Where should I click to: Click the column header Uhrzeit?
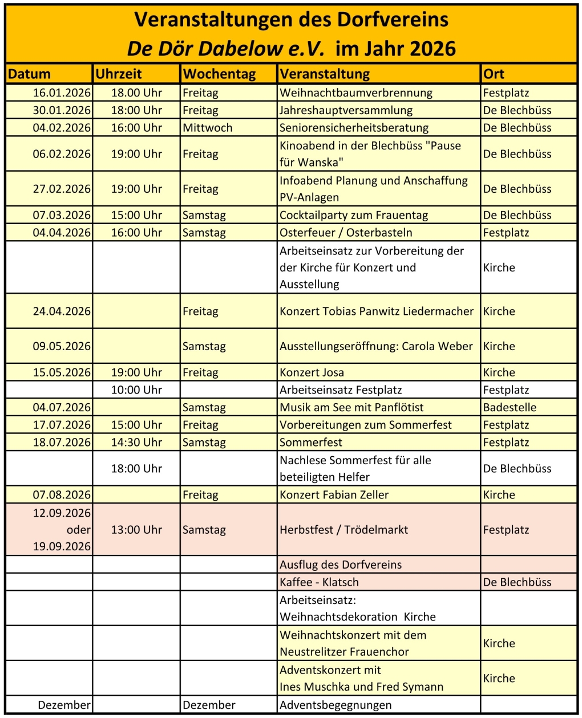pos(119,74)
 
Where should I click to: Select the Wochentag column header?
pos(219,74)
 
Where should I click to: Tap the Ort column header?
pos(494,74)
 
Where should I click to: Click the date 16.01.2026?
pos(62,93)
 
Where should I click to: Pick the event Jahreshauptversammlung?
pos(346,111)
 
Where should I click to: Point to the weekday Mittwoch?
pos(208,128)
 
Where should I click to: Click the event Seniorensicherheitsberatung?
pos(354,128)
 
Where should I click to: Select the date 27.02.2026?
pos(62,189)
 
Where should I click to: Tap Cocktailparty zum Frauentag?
pos(354,216)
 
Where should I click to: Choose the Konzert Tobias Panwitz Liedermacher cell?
pos(377,311)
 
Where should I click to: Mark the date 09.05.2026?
pos(62,346)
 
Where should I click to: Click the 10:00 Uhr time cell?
pos(136,390)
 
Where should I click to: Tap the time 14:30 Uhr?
pos(136,443)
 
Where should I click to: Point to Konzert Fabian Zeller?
pos(334,495)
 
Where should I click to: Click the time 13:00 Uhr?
pos(136,530)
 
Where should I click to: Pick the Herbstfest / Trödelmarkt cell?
pos(343,530)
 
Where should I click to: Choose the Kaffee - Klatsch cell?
pos(319,582)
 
